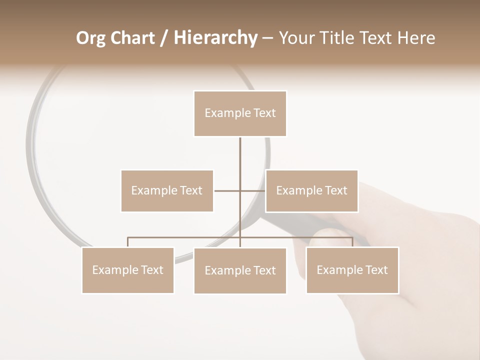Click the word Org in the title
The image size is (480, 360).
coord(90,38)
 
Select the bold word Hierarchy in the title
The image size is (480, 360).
coord(215,38)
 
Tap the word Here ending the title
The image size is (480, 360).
coord(415,38)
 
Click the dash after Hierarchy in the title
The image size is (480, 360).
coord(268,38)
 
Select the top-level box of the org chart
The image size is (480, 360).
coord(240,113)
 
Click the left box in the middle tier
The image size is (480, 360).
coord(167,190)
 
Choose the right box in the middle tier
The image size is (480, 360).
coord(311,190)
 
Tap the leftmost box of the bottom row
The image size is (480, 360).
coord(127,270)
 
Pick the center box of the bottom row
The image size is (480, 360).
coord(240,270)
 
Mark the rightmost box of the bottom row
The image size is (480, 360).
coord(352,270)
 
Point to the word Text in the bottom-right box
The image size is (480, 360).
coord(376,270)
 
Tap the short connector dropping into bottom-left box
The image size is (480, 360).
coord(127,242)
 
